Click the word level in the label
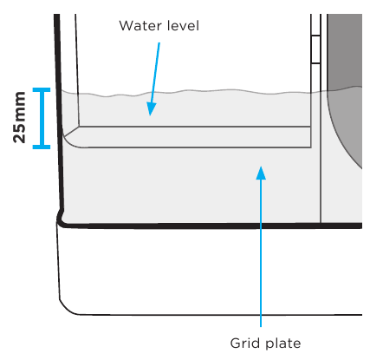(183, 25)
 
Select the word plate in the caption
(283, 344)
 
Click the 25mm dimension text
(19, 117)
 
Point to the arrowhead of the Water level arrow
(151, 109)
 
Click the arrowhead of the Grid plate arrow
(261, 173)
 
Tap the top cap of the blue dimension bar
(42, 89)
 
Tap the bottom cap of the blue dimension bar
(42, 147)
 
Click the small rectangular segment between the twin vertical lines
(315, 49)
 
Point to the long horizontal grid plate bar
(195, 137)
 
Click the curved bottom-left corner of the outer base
(67, 308)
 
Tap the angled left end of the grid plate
(71, 137)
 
